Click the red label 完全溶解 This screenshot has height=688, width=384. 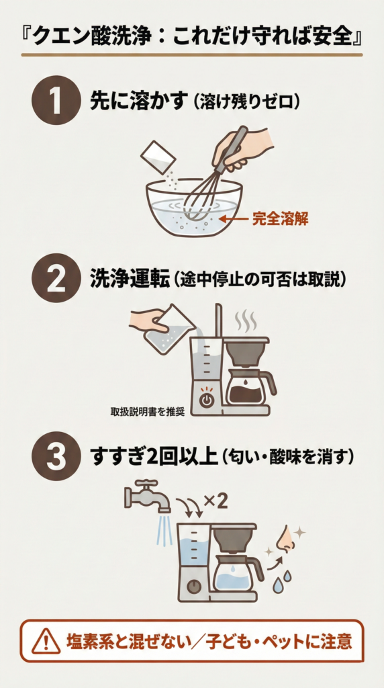(280, 218)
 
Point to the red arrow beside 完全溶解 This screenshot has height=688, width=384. (235, 218)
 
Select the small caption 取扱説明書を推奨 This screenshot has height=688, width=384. (147, 411)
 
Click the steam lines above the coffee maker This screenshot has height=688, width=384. (246, 321)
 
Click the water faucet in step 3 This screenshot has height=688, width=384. (143, 496)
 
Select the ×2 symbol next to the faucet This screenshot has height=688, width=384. (215, 500)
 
